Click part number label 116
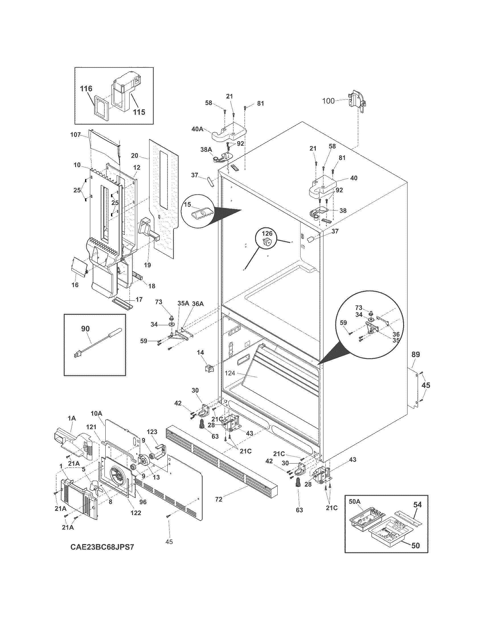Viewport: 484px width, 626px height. [x=86, y=88]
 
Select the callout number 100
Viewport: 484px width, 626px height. [x=328, y=101]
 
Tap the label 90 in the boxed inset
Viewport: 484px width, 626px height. [x=85, y=329]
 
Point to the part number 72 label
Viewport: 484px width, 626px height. [x=218, y=499]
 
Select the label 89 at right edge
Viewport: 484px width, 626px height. [x=415, y=354]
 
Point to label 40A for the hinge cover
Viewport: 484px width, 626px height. [x=197, y=129]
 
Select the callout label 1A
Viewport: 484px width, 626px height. [x=71, y=419]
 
